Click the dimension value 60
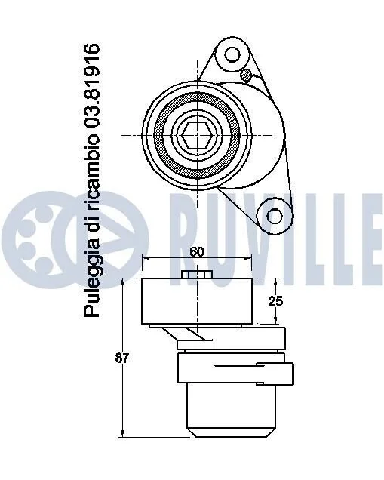tap(196, 252)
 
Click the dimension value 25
tap(275, 302)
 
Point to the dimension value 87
tap(122, 358)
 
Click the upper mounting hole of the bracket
tap(232, 54)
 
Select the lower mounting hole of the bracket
tap(275, 216)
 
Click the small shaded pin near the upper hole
tap(246, 75)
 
